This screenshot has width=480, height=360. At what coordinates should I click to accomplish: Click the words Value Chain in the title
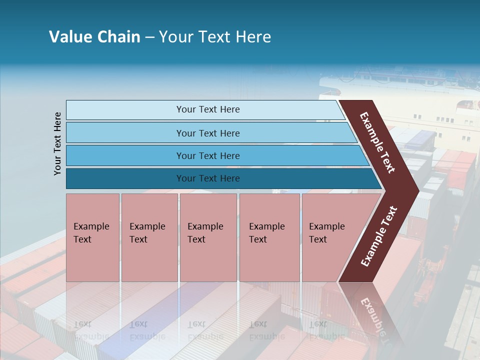[x=94, y=37]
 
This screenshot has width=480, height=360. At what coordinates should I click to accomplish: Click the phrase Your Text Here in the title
[x=215, y=37]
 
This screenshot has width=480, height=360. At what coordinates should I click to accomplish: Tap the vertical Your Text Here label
[x=57, y=143]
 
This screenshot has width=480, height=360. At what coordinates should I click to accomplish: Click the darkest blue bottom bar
[x=125, y=178]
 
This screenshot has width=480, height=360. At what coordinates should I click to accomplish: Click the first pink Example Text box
[x=92, y=237]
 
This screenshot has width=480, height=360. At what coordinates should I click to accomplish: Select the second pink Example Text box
[x=149, y=237]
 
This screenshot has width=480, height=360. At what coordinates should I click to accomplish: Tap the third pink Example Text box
[x=208, y=237]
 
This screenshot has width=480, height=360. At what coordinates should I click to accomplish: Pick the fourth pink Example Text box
[x=269, y=237]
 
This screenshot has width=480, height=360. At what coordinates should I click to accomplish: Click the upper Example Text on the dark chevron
[x=377, y=142]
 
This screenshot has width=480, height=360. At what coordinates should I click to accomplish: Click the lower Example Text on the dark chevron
[x=378, y=236]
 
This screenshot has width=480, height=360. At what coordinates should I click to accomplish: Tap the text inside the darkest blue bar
[x=208, y=178]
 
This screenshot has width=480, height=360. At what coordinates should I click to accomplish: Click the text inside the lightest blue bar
[x=208, y=109]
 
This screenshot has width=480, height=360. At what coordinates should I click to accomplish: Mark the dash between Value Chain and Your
[x=149, y=37]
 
